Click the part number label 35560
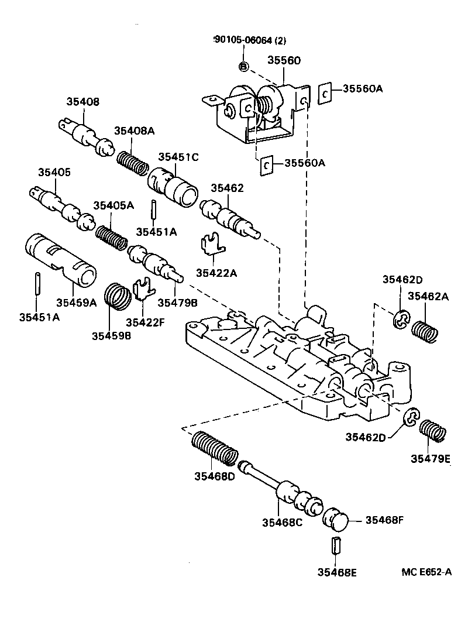click(x=284, y=60)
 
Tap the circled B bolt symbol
click(x=243, y=67)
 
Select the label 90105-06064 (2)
click(x=250, y=40)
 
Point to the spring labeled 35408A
click(x=133, y=163)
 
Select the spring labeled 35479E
click(x=433, y=431)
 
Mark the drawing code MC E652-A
click(x=426, y=572)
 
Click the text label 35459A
click(x=77, y=303)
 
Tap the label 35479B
click(x=178, y=303)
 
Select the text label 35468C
click(x=283, y=522)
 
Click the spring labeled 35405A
click(x=112, y=238)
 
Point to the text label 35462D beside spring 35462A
click(x=402, y=279)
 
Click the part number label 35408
click(x=83, y=102)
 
